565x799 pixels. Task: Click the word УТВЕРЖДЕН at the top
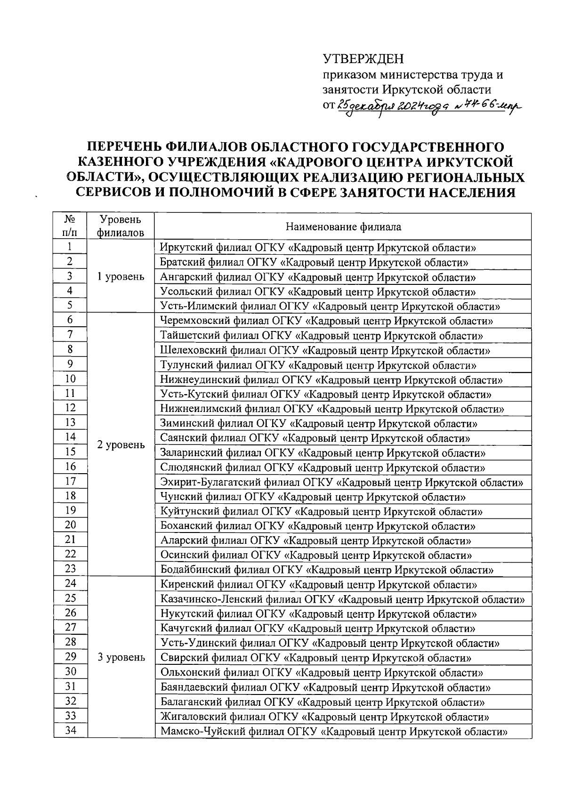point(363,59)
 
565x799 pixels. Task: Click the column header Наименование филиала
point(344,227)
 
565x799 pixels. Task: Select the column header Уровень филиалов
point(121,226)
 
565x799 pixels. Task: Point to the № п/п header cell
point(70,226)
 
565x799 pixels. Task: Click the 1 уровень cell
point(121,277)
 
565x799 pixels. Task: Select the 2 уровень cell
point(121,445)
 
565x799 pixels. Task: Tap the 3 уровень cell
point(121,658)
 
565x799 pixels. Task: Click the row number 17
point(70,482)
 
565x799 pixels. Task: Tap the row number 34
point(70,731)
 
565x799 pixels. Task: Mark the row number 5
point(70,306)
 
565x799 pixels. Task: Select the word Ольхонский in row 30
point(187,673)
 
